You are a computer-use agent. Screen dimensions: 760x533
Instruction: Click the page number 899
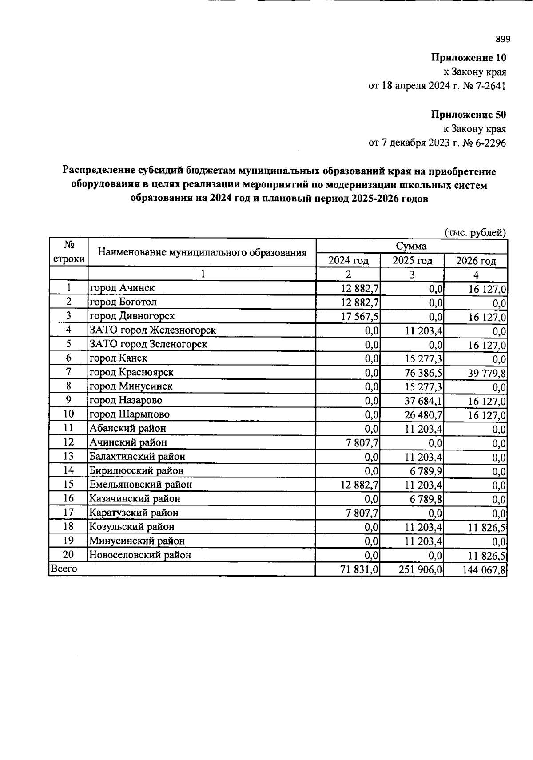pyautogui.click(x=503, y=39)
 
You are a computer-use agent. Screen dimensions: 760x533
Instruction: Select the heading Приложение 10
pyautogui.click(x=469, y=57)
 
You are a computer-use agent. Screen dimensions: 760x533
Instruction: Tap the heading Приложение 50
pyautogui.click(x=469, y=115)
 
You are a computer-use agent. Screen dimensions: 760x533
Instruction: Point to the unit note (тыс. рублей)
pyautogui.click(x=475, y=232)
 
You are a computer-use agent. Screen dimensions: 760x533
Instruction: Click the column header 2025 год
pyautogui.click(x=412, y=260)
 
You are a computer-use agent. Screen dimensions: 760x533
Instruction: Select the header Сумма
pyautogui.click(x=411, y=246)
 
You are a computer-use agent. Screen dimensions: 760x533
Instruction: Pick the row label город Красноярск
pyautogui.click(x=131, y=372)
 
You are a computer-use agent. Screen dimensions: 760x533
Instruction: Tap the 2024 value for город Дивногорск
pyautogui.click(x=360, y=316)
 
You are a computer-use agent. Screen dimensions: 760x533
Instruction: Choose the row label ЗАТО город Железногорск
pyautogui.click(x=153, y=330)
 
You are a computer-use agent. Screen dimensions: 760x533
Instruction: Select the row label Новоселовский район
pyautogui.click(x=140, y=555)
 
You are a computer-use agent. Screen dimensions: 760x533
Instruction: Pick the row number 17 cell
pyautogui.click(x=68, y=513)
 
